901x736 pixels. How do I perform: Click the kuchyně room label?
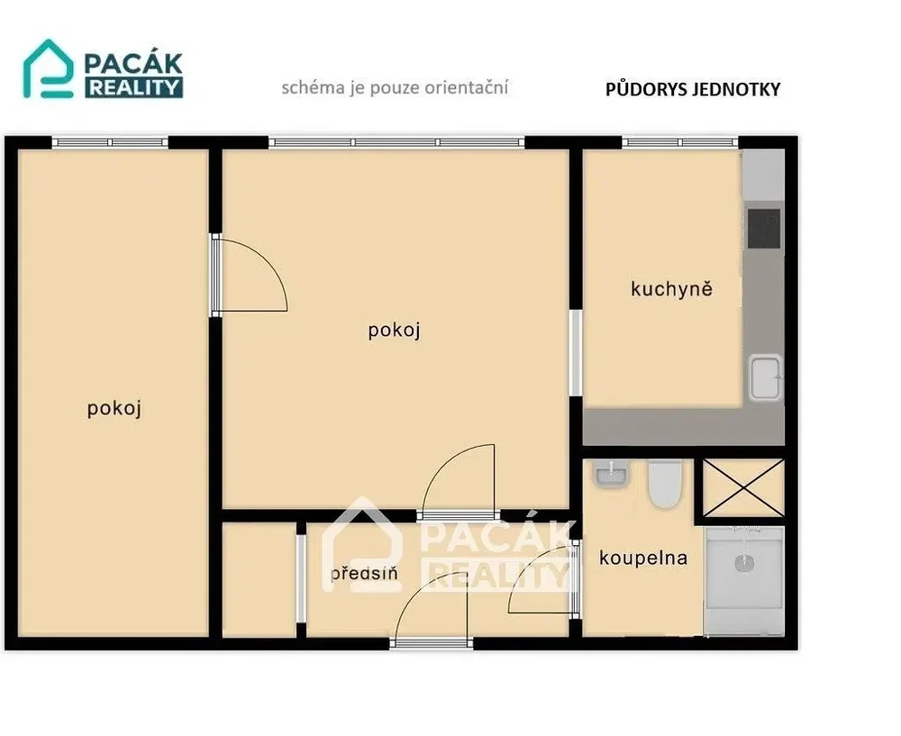click(x=671, y=289)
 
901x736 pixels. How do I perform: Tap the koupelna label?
click(x=643, y=558)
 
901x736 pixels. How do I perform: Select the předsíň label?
click(x=364, y=573)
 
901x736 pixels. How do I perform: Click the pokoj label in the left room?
click(x=114, y=408)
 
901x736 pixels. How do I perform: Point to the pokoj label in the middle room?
click(x=395, y=331)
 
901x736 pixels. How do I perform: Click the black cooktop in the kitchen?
click(x=764, y=229)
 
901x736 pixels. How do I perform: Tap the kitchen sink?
click(x=765, y=377)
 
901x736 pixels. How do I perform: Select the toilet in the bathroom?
click(x=665, y=484)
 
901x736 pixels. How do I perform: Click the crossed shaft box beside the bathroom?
click(x=743, y=487)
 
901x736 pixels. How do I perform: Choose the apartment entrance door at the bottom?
click(x=431, y=610)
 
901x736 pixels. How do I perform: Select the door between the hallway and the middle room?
click(x=459, y=481)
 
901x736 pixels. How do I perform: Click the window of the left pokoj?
click(x=110, y=142)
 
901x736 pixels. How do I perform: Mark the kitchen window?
click(x=679, y=142)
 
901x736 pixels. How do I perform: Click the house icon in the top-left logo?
click(x=49, y=68)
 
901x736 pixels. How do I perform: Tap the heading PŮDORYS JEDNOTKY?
click(x=693, y=89)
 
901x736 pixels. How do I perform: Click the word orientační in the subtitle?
click(x=467, y=88)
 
